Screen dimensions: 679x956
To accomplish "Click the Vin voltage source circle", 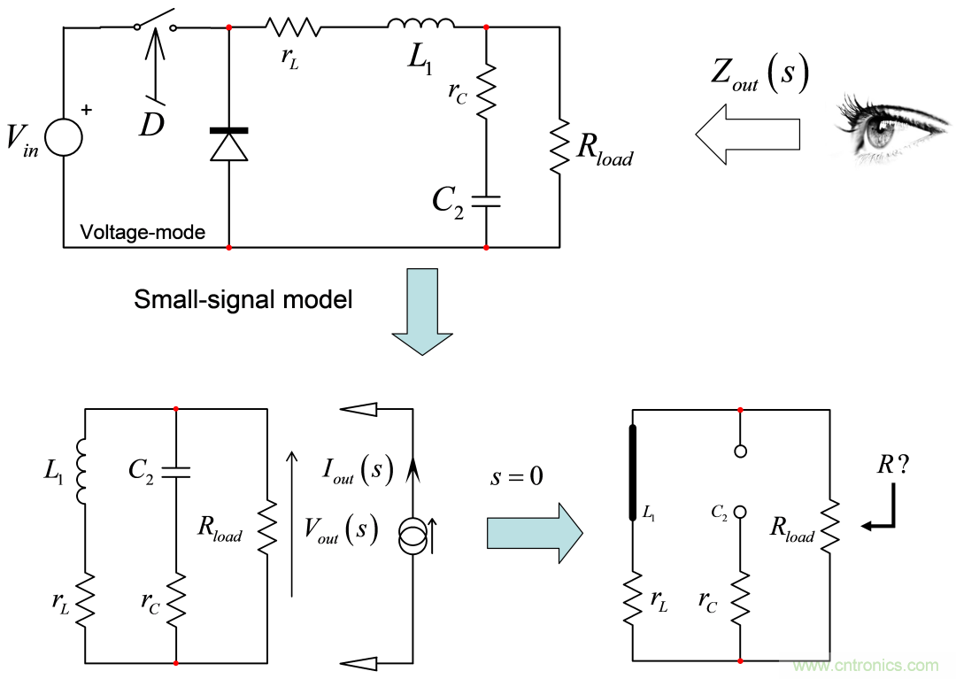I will pyautogui.click(x=64, y=138).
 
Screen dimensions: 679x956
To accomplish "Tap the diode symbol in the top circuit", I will pyautogui.click(x=229, y=145).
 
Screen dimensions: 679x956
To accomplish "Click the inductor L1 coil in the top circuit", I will pyautogui.click(x=421, y=24).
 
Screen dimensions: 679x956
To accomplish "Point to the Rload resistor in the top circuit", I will pyautogui.click(x=559, y=146).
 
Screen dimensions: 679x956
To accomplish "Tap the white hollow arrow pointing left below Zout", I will pyautogui.click(x=747, y=133).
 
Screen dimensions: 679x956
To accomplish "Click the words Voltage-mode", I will pyautogui.click(x=142, y=233).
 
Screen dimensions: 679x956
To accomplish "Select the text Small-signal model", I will pyautogui.click(x=243, y=299).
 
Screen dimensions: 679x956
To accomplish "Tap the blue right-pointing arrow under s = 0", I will pyautogui.click(x=534, y=533).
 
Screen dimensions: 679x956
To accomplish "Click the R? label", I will pyautogui.click(x=891, y=467).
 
